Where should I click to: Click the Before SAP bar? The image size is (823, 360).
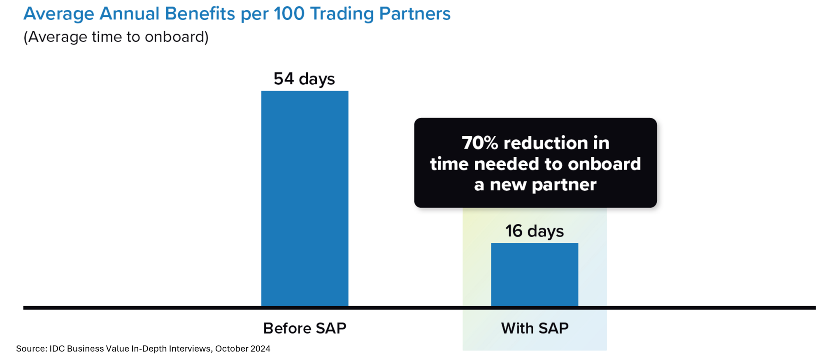point(305,198)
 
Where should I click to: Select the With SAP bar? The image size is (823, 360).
point(535,274)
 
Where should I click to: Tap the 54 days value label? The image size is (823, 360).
point(304,79)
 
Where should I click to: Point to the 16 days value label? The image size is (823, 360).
point(535,231)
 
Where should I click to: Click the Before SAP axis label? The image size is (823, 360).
point(305,328)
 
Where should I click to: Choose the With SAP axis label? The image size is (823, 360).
point(535,328)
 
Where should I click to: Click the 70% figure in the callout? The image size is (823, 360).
point(480,143)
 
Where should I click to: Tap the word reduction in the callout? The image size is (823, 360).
point(546,143)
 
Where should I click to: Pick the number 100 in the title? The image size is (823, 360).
point(289,14)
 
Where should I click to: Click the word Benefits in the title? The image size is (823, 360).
point(200,14)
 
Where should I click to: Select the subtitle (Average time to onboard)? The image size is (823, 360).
point(116,37)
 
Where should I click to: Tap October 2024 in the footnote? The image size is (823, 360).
point(243,349)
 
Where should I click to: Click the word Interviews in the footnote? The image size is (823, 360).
point(191,349)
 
